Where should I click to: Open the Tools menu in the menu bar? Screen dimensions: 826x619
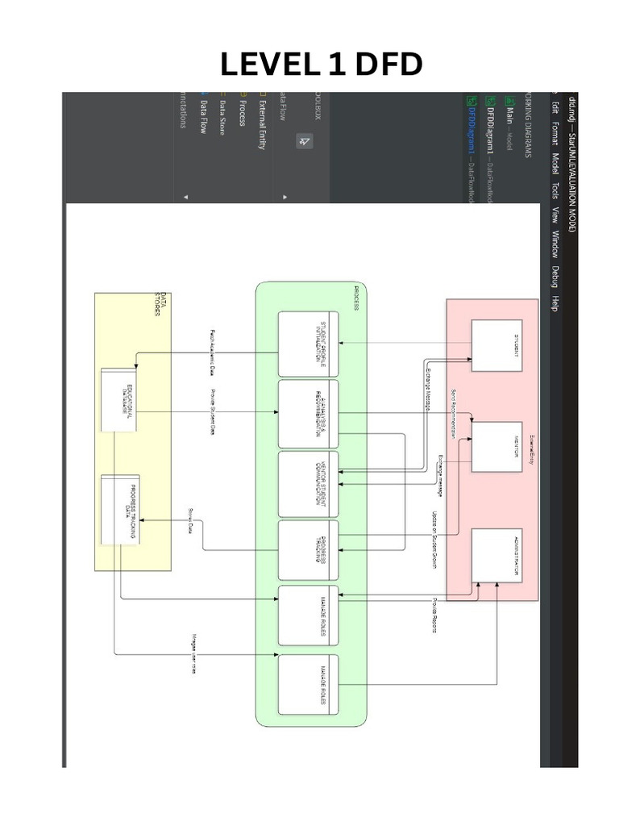click(x=555, y=190)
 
